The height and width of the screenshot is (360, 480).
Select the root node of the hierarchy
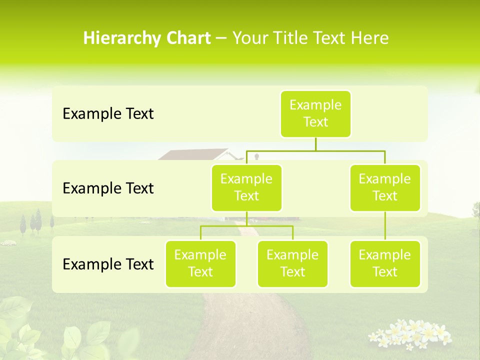(315, 114)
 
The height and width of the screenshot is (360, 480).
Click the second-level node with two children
(246, 187)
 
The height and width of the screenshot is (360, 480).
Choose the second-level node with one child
(385, 187)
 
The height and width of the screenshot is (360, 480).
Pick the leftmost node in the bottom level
(200, 263)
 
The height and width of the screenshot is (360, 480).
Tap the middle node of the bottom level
(292, 263)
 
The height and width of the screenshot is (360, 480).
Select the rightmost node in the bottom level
(385, 263)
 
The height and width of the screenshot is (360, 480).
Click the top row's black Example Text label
(108, 114)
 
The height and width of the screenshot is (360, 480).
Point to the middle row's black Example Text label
(108, 188)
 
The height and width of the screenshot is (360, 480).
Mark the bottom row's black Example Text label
(108, 264)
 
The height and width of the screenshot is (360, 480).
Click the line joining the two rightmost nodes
(385, 226)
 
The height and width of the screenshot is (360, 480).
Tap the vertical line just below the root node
(315, 144)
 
